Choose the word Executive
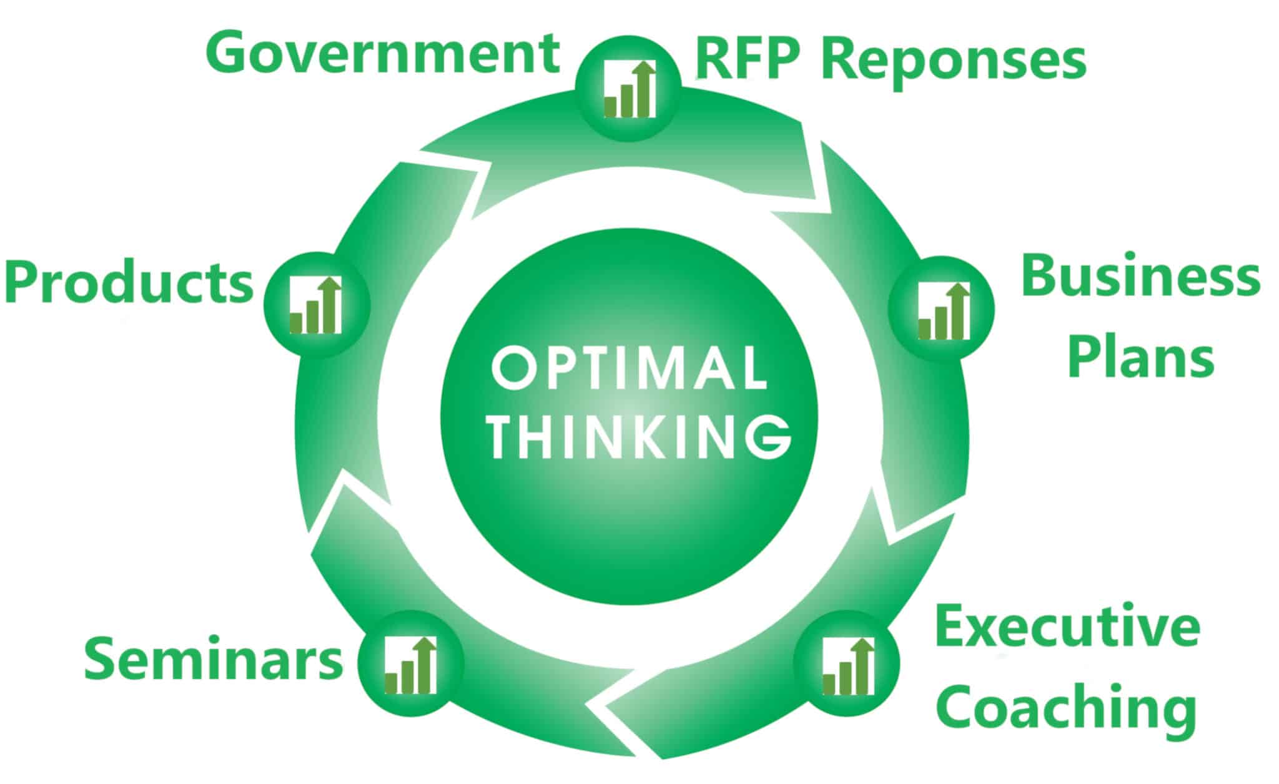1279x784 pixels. pos(1067,627)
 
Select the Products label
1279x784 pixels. pos(129,282)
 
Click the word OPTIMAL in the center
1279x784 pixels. pos(630,369)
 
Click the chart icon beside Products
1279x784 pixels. pos(316,305)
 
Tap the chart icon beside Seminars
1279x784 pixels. pos(411,665)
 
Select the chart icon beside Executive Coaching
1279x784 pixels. pos(847,665)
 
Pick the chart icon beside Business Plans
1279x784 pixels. pos(944,310)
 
